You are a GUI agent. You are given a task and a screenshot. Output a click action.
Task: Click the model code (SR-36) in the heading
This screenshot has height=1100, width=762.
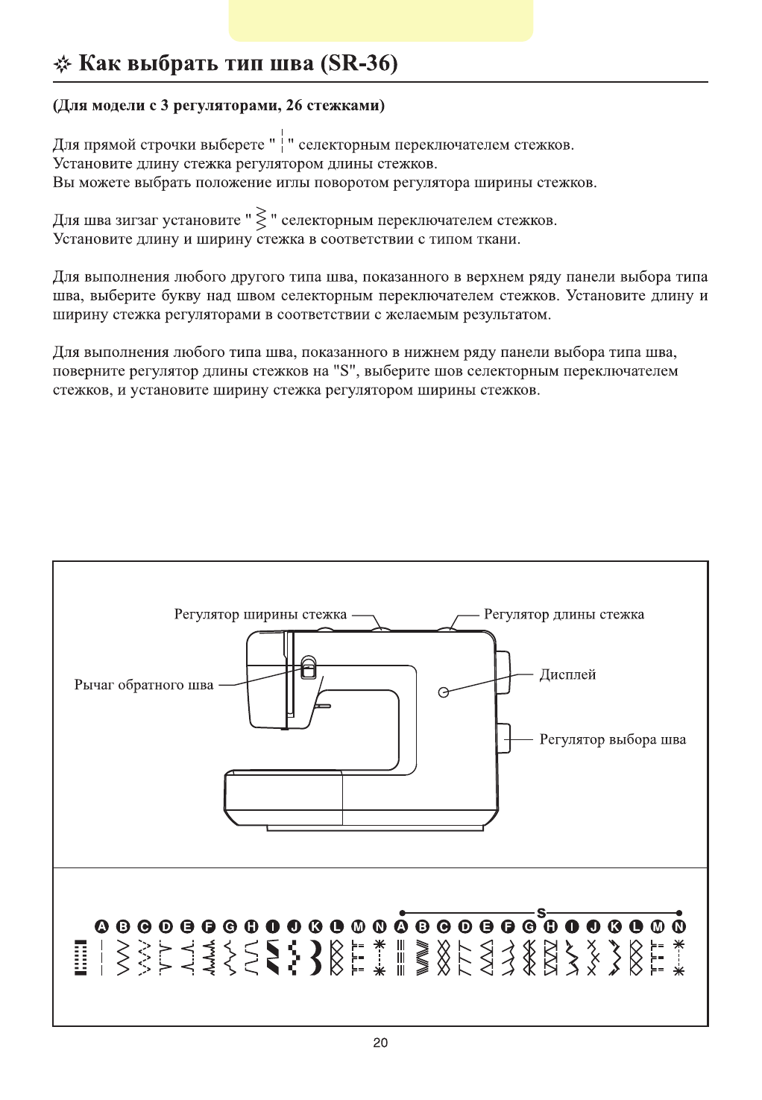[x=358, y=64]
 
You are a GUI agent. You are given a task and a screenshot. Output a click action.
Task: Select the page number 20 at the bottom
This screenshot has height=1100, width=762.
[x=380, y=1043]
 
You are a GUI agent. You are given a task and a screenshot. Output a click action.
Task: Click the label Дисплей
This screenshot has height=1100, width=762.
[x=567, y=675]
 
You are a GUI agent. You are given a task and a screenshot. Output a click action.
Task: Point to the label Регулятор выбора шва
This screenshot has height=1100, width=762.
[x=612, y=740]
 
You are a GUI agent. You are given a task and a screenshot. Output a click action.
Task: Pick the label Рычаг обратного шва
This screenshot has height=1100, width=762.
[x=144, y=685]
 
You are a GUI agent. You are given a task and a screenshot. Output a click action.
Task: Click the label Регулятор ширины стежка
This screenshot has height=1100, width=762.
[x=260, y=615]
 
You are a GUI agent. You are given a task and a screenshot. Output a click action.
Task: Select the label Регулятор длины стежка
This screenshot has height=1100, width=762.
[x=564, y=615]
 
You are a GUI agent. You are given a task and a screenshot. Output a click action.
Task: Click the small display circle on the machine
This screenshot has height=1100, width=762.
[x=444, y=692]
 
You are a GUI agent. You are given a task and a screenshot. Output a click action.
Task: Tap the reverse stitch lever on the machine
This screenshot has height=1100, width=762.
[x=308, y=666]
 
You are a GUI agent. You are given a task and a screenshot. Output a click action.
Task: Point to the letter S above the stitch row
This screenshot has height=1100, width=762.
[x=541, y=912]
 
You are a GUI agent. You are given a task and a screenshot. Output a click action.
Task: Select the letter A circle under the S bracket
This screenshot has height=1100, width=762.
[x=403, y=926]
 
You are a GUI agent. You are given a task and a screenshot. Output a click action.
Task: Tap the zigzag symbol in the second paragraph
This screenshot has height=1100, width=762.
[x=261, y=219]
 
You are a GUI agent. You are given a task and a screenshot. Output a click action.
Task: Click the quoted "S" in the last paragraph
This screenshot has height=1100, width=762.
[x=344, y=370]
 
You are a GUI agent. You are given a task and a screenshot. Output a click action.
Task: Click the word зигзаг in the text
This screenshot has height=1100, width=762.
[x=139, y=221]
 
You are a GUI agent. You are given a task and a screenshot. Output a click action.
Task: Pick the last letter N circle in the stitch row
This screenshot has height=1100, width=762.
[x=678, y=926]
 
